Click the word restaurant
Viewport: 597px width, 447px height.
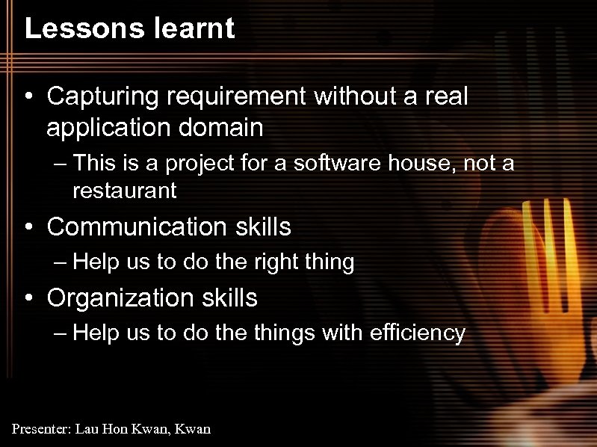point(125,191)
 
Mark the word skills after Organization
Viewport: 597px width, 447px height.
point(229,298)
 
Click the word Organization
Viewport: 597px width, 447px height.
point(121,298)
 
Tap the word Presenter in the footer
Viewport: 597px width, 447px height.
point(41,429)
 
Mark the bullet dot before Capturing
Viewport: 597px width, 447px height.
point(28,97)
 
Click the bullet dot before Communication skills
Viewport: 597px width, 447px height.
point(28,227)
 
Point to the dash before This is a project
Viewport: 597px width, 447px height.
point(61,163)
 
